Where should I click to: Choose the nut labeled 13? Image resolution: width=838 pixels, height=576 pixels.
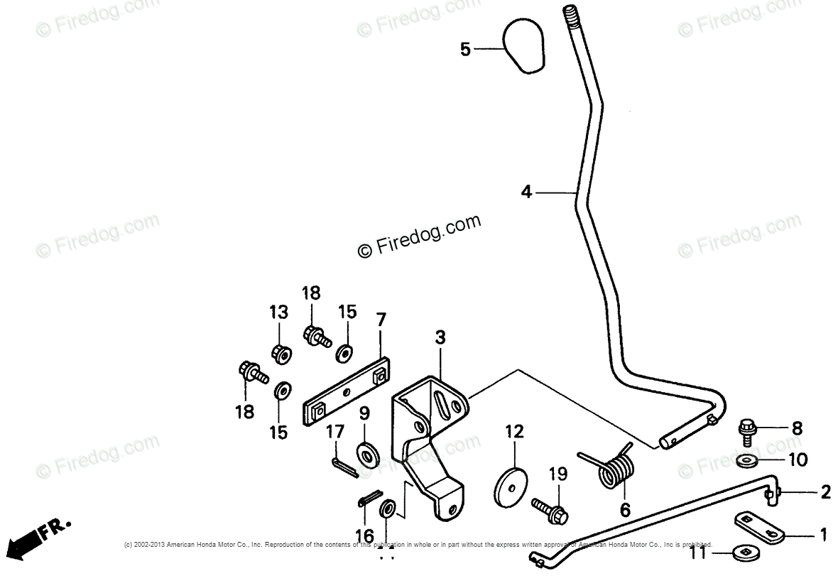280,352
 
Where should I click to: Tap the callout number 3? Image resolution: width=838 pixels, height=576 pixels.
440,338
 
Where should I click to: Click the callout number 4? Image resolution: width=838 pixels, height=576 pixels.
526,191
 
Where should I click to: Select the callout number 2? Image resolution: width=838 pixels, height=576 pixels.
825,492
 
